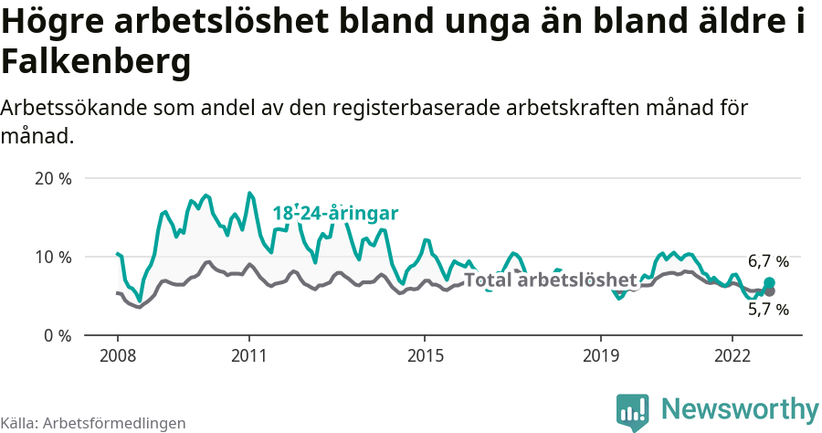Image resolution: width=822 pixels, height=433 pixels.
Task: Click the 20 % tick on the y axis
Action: point(52,178)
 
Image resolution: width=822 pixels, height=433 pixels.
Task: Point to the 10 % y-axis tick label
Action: point(52,257)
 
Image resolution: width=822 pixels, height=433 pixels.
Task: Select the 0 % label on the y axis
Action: point(57,335)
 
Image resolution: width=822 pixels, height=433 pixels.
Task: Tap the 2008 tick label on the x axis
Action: point(118,354)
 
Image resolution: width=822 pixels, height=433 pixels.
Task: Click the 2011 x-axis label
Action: point(249,354)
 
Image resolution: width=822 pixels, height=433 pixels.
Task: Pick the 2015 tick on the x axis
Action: point(425,354)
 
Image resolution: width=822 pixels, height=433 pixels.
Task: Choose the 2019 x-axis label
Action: point(601,354)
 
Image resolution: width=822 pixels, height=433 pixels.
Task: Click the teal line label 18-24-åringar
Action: point(335,214)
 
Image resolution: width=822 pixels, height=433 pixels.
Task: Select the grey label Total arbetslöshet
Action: point(550,280)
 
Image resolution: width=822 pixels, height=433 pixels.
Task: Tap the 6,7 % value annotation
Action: point(768,261)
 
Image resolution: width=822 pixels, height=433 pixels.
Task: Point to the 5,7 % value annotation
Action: point(768,310)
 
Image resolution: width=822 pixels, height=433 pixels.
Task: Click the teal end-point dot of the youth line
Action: point(769,283)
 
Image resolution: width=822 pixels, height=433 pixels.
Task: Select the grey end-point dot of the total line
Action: point(769,291)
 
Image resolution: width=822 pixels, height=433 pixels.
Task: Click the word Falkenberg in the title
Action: point(96,62)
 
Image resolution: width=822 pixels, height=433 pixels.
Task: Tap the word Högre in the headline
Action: point(52,23)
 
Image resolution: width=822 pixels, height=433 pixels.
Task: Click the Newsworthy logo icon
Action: point(632,412)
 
